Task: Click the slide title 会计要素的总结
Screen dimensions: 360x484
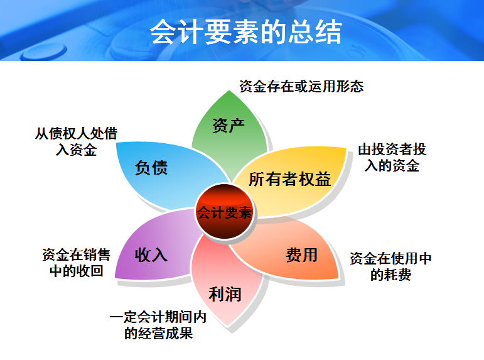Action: pyautogui.click(x=245, y=32)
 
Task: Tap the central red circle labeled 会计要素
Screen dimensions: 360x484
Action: pyautogui.click(x=224, y=212)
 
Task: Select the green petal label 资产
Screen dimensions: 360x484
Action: pyautogui.click(x=228, y=125)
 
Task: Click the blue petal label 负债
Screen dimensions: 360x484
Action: pyautogui.click(x=151, y=168)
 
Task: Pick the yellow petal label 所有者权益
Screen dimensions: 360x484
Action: pyautogui.click(x=289, y=179)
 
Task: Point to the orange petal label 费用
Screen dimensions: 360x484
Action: pyautogui.click(x=301, y=255)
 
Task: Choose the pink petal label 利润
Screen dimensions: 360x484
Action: pyautogui.click(x=225, y=293)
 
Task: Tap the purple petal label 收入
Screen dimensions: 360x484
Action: pyautogui.click(x=151, y=254)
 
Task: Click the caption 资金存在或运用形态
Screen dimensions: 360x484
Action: pyautogui.click(x=301, y=86)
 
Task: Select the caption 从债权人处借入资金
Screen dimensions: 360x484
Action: pyautogui.click(x=75, y=141)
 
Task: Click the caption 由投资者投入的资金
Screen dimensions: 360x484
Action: pyautogui.click(x=393, y=158)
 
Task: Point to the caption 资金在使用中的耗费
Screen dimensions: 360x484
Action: pyautogui.click(x=390, y=266)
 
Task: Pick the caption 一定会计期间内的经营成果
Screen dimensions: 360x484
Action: pyautogui.click(x=158, y=325)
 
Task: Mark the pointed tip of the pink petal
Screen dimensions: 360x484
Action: pyautogui.click(x=234, y=326)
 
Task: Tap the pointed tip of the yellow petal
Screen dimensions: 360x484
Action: pyautogui.click(x=346, y=150)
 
